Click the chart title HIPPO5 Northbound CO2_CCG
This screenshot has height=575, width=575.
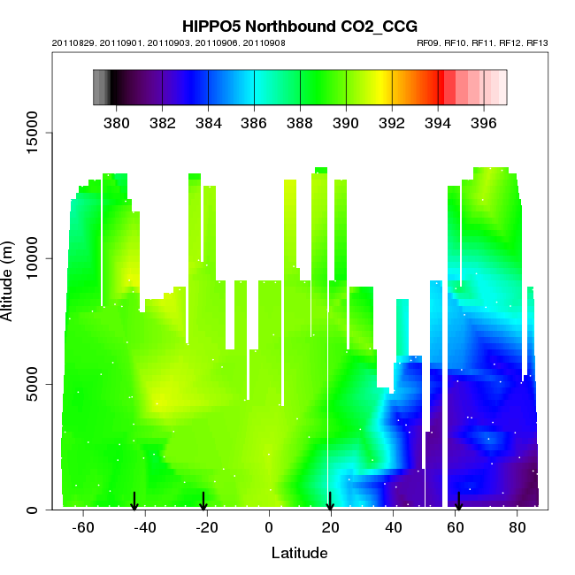pos(299,27)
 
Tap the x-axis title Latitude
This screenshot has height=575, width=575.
pos(299,554)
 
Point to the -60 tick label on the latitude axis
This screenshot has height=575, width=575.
pos(83,528)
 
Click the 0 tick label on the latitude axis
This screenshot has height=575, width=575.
pos(269,528)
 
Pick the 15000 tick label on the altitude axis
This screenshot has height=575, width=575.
pos(29,133)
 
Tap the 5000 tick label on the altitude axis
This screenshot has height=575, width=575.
pos(29,384)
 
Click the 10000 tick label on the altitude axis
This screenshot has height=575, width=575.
pos(29,258)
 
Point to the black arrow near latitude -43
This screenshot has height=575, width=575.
pos(134,502)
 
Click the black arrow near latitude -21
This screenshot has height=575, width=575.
pos(203,502)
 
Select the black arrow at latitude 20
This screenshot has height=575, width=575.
pos(330,502)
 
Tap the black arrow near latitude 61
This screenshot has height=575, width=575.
pos(458,502)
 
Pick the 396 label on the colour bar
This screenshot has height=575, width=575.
pos(483,122)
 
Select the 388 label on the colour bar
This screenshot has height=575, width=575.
pos(300,122)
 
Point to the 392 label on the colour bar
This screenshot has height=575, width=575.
pos(392,122)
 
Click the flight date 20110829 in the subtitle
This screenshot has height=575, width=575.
pos(71,42)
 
